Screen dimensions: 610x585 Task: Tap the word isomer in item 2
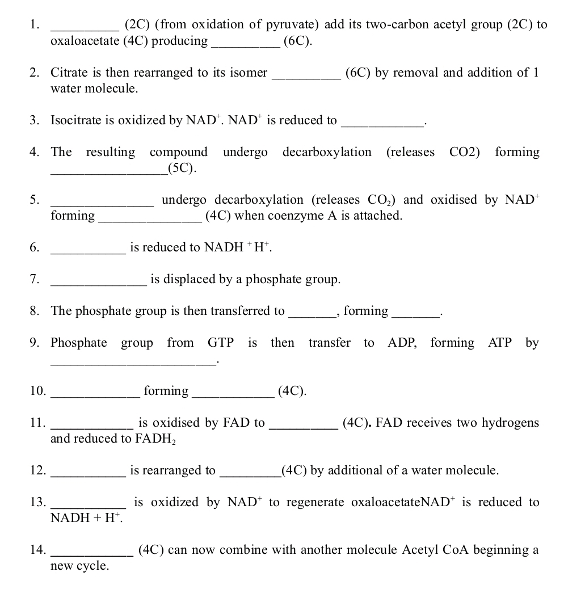[247, 73]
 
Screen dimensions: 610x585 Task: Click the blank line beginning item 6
[88, 251]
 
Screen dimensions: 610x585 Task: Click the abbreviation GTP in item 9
[221, 343]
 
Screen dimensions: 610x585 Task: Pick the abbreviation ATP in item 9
[500, 343]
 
